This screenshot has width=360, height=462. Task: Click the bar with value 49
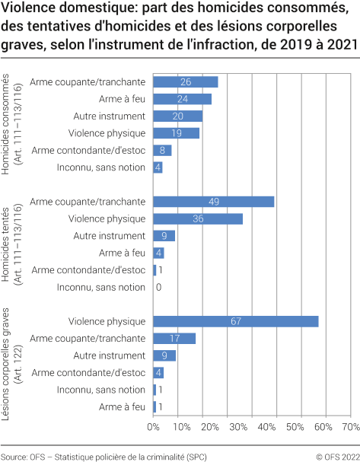coord(213,202)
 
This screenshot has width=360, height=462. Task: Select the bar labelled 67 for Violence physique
coord(235,321)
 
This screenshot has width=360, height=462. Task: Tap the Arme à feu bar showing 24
coord(182,99)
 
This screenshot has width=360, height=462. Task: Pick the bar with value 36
coord(198,219)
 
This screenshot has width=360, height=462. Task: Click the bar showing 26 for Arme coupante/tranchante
coord(185,81)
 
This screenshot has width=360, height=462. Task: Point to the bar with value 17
coord(174,339)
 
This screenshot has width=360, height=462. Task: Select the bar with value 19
coord(176,133)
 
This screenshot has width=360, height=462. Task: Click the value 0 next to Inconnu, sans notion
coord(158,288)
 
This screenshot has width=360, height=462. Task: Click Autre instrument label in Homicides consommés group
coord(109,116)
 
